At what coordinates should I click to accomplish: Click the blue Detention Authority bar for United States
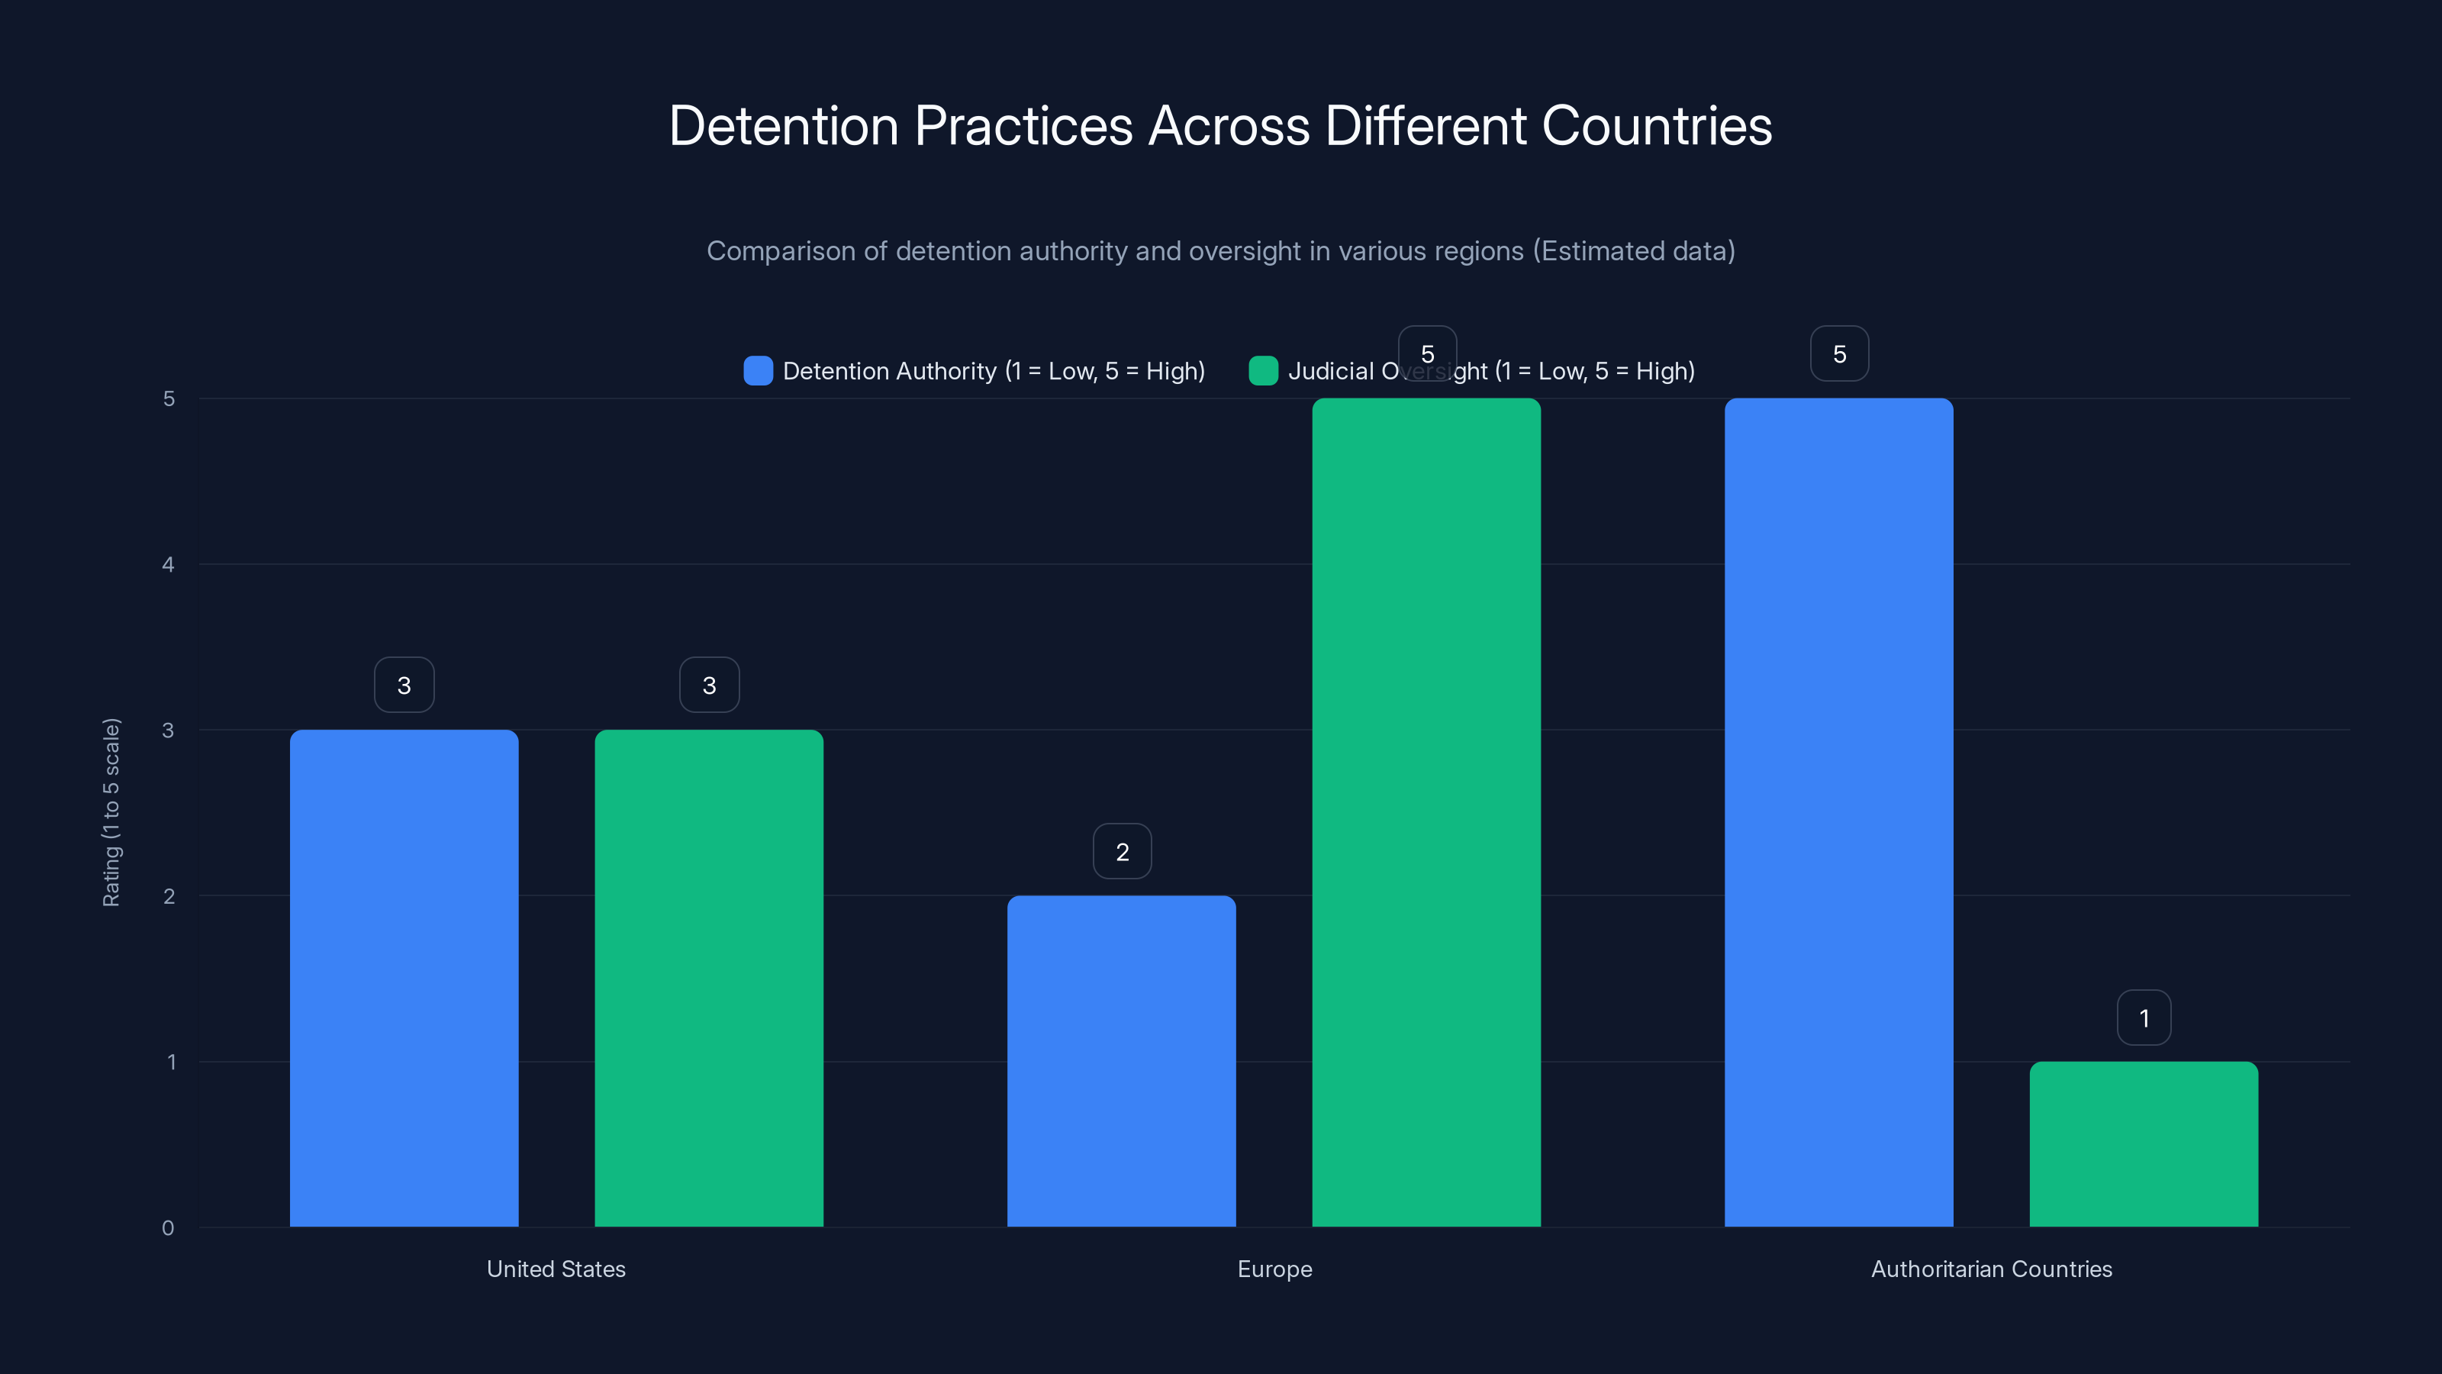pyautogui.click(x=404, y=978)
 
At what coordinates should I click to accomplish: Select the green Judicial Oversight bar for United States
pyautogui.click(x=709, y=978)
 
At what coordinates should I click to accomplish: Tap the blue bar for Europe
pyautogui.click(x=1122, y=1061)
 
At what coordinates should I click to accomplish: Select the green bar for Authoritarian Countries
pyautogui.click(x=2144, y=1143)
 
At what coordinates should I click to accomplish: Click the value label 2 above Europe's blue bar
pyautogui.click(x=1123, y=852)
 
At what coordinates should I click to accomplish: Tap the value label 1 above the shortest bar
pyautogui.click(x=2144, y=1018)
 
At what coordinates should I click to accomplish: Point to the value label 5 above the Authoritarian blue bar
pyautogui.click(x=1839, y=353)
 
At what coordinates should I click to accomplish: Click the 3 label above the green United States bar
pyautogui.click(x=709, y=685)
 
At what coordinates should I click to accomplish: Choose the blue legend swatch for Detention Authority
pyautogui.click(x=759, y=371)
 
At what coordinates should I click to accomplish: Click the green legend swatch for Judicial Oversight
pyautogui.click(x=1264, y=371)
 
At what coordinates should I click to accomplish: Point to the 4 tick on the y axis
pyautogui.click(x=168, y=565)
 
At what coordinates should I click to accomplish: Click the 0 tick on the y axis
pyautogui.click(x=168, y=1228)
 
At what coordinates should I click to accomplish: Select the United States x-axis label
pyautogui.click(x=556, y=1269)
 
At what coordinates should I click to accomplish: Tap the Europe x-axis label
pyautogui.click(x=1274, y=1269)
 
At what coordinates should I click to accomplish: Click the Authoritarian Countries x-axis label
pyautogui.click(x=1991, y=1269)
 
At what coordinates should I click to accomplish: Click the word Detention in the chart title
pyautogui.click(x=783, y=126)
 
